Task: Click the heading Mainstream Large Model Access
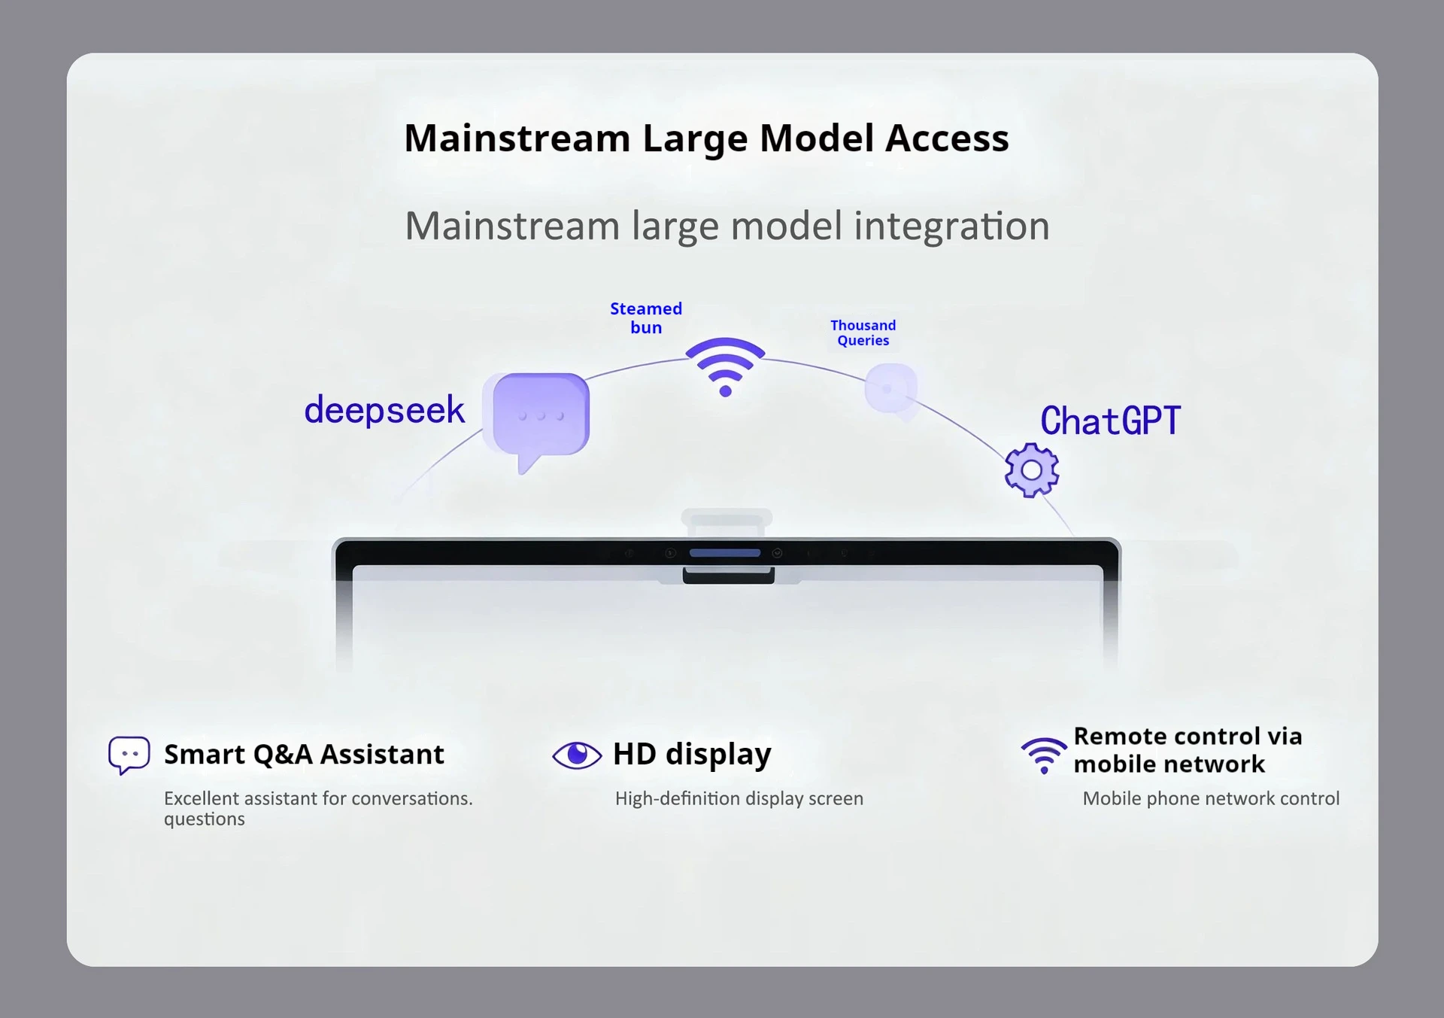(x=706, y=138)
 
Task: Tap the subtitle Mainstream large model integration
(x=727, y=226)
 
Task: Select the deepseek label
(x=384, y=410)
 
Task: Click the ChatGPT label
(x=1110, y=420)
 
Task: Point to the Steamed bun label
(x=646, y=318)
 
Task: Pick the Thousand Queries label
(x=863, y=333)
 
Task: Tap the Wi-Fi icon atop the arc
(x=725, y=366)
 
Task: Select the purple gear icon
(x=1032, y=470)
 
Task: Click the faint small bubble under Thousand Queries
(x=891, y=390)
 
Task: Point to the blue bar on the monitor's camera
(x=725, y=553)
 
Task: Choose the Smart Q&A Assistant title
(x=304, y=754)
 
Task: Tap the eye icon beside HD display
(x=577, y=755)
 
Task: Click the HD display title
(x=692, y=754)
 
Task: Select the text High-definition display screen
(x=739, y=798)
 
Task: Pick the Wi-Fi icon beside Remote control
(x=1044, y=755)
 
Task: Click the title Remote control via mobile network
(x=1188, y=750)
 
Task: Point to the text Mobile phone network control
(x=1211, y=798)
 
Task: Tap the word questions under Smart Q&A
(x=205, y=819)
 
